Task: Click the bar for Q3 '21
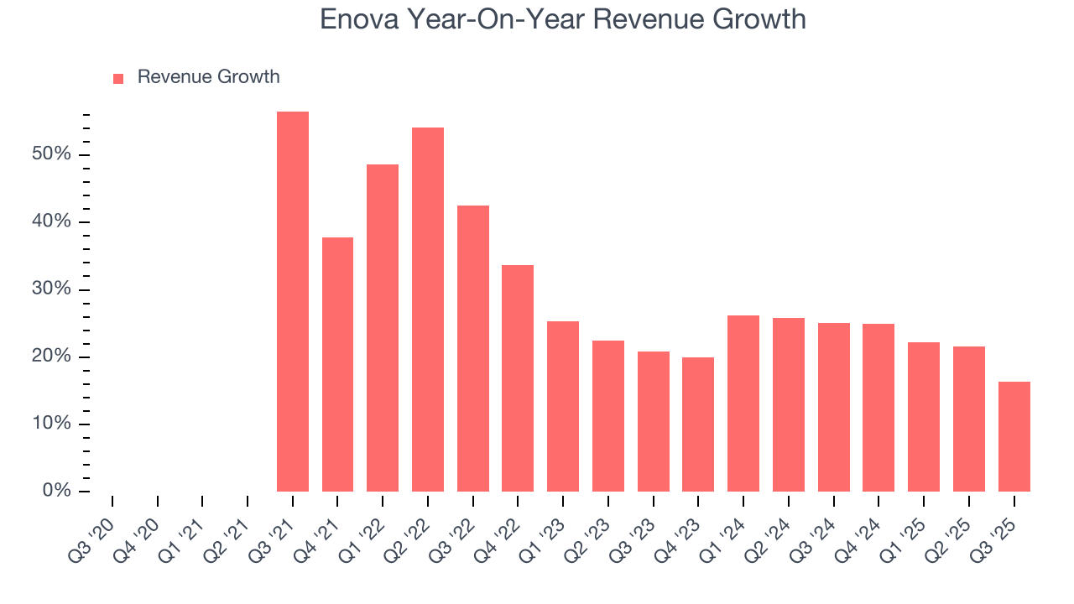pyautogui.click(x=293, y=302)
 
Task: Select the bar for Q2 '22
pyautogui.click(x=428, y=310)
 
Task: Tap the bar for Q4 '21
pyautogui.click(x=337, y=364)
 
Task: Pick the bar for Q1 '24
pyautogui.click(x=743, y=404)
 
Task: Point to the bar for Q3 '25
pyautogui.click(x=1014, y=436)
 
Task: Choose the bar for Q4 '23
pyautogui.click(x=698, y=424)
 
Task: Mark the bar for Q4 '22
pyautogui.click(x=518, y=378)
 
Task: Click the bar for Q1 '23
pyautogui.click(x=563, y=406)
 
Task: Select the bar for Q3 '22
pyautogui.click(x=473, y=348)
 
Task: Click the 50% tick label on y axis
pyautogui.click(x=52, y=155)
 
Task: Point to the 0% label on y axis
pyautogui.click(x=57, y=491)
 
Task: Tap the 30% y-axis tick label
pyautogui.click(x=52, y=289)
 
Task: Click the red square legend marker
pyautogui.click(x=118, y=78)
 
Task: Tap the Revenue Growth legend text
pyautogui.click(x=208, y=77)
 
